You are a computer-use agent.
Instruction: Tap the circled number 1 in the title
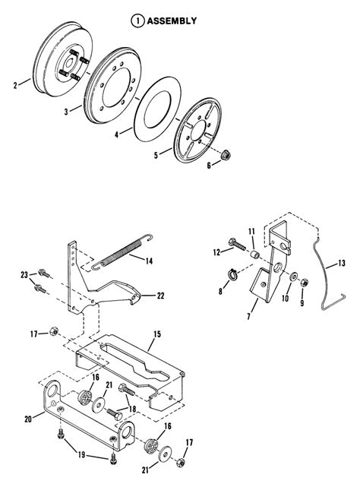pyautogui.click(x=137, y=21)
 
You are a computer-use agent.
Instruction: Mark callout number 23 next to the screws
pyautogui.click(x=24, y=274)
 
